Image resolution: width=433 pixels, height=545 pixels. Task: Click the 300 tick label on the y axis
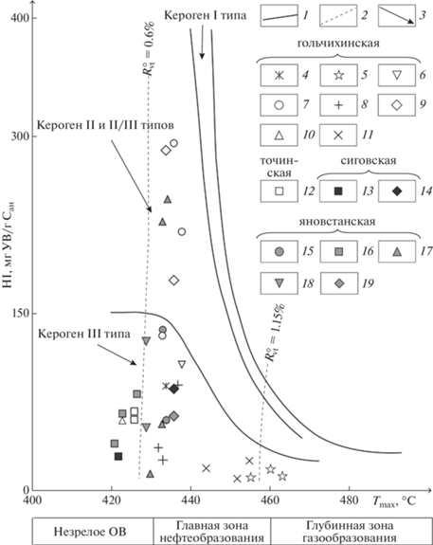(19, 136)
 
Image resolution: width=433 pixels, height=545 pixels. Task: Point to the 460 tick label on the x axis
(270, 500)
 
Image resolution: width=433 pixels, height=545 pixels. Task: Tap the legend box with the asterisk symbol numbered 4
(280, 75)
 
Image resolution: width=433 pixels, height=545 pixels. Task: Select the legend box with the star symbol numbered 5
(338, 75)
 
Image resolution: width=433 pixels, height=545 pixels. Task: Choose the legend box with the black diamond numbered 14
(397, 191)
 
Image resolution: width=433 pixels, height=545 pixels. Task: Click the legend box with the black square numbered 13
(338, 191)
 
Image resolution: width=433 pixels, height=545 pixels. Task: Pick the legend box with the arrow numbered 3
(397, 15)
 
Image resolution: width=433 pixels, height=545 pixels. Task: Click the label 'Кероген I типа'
(205, 15)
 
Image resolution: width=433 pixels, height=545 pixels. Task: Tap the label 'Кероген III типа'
(84, 334)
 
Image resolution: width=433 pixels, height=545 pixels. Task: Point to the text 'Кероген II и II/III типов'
(105, 125)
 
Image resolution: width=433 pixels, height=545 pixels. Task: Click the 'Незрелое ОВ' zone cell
(90, 532)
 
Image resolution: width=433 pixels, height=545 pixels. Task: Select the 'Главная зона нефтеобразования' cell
(212, 532)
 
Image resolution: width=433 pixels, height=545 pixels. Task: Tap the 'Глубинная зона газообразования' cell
(350, 532)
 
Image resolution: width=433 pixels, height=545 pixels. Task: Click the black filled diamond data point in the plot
(174, 389)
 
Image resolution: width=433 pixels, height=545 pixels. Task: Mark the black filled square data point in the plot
(118, 456)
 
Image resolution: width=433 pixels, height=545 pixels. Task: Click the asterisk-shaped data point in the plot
(166, 386)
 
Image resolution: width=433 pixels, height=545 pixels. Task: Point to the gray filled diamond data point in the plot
(174, 416)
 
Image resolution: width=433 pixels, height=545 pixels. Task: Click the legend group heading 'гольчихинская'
(338, 44)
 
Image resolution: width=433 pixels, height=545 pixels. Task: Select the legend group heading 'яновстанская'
(338, 222)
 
